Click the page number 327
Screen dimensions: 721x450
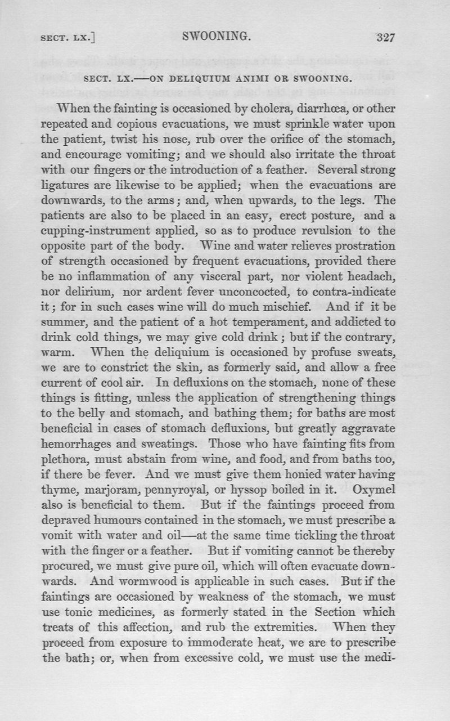pyautogui.click(x=386, y=38)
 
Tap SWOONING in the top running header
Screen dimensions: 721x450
pyautogui.click(x=217, y=38)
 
